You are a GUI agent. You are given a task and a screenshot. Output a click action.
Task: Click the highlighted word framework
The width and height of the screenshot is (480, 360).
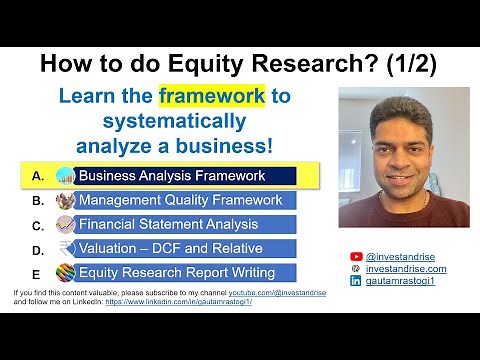click(211, 97)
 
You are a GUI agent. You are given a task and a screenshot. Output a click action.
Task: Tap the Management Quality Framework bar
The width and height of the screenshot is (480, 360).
click(180, 200)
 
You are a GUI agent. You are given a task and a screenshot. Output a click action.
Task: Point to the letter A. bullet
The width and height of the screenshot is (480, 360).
click(38, 176)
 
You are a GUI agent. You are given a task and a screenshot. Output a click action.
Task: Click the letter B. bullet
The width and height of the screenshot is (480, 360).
click(38, 200)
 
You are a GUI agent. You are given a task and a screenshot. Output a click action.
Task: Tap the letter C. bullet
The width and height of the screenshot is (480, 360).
click(38, 224)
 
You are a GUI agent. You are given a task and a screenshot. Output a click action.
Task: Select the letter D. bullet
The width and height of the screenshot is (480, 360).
click(38, 249)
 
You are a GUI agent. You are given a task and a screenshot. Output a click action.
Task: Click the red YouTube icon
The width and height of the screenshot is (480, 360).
click(356, 257)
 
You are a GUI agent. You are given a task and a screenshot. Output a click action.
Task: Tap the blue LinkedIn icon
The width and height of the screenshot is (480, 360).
click(356, 282)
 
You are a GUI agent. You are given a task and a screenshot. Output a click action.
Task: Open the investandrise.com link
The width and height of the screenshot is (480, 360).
click(406, 269)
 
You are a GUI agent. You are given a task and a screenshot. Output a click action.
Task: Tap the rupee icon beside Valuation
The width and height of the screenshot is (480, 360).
click(66, 248)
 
